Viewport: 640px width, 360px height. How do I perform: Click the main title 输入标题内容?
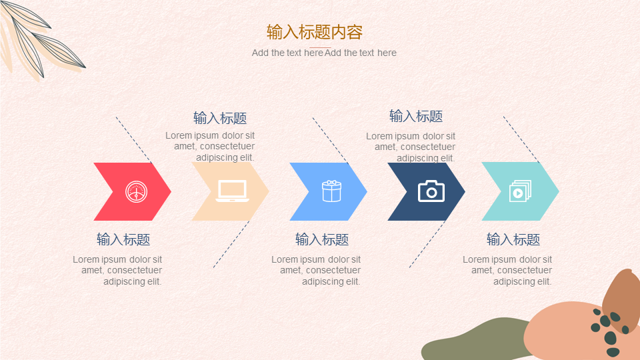(x=314, y=32)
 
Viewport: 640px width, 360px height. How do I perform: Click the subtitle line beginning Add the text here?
(x=324, y=53)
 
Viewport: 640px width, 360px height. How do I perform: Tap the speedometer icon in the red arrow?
(x=136, y=192)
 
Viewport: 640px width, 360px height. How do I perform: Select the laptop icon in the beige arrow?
(x=232, y=191)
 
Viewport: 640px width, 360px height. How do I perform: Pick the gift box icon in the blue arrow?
(x=331, y=191)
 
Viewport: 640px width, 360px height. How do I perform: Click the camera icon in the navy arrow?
(x=431, y=191)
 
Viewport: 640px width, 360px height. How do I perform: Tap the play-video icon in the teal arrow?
(x=520, y=191)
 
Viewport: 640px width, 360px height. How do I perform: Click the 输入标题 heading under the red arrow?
(x=123, y=239)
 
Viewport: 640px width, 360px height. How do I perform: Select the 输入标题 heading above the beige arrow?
(x=220, y=118)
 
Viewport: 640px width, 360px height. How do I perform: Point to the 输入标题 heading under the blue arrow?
(x=322, y=239)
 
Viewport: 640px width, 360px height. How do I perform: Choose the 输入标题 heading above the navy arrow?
(x=416, y=116)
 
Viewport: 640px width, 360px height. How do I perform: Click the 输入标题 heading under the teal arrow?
(x=513, y=239)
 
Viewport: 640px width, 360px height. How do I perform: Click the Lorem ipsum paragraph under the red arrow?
(x=117, y=270)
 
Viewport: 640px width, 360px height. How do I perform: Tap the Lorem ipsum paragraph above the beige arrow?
(x=210, y=146)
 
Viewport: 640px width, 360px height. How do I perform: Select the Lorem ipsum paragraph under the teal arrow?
(x=507, y=270)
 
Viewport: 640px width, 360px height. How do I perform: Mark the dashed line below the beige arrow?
(x=231, y=244)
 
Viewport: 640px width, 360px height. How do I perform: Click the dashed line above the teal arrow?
(x=521, y=139)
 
